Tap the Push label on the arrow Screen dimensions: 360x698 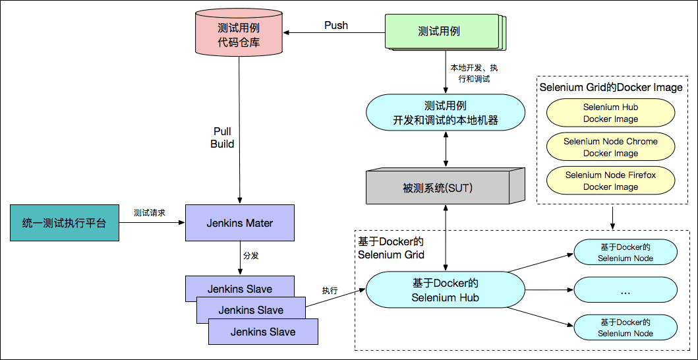point(336,26)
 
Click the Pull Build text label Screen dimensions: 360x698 point(222,138)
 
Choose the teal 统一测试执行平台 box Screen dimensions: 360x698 point(64,223)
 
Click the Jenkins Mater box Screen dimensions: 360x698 point(239,223)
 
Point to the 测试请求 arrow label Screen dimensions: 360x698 point(149,213)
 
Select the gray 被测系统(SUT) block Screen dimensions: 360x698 point(438,189)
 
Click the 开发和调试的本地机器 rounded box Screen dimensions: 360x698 point(446,113)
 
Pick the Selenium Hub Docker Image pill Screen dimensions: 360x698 point(610,113)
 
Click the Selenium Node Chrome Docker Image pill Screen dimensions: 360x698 point(610,147)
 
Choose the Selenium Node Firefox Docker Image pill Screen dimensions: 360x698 point(610,181)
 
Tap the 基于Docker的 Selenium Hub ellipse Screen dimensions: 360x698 point(445,290)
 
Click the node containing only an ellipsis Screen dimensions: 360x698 point(625,290)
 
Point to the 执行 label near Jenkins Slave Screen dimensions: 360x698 point(330,291)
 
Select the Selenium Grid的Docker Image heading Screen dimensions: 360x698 point(610,88)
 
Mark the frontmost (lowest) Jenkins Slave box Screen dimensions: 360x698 point(263,332)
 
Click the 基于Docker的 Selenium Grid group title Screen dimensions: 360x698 point(391,249)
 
